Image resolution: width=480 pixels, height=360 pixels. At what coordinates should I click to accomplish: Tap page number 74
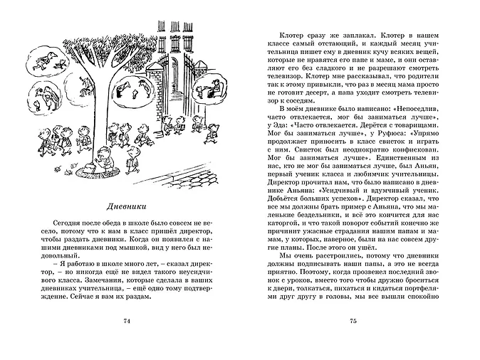tap(127, 322)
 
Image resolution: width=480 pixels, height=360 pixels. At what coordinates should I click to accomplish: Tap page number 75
tap(352, 322)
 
